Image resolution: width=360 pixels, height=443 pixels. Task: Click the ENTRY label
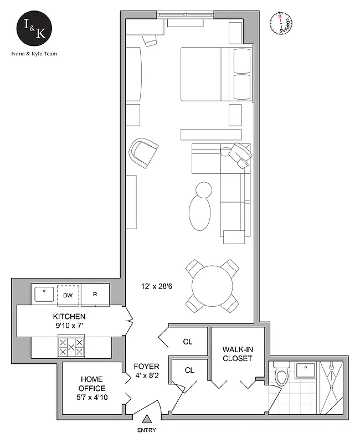[146, 430]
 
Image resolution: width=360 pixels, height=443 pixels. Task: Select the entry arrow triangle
[147, 420]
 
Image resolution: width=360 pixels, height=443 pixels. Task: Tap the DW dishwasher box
[68, 295]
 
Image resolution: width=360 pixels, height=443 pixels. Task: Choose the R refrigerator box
[95, 295]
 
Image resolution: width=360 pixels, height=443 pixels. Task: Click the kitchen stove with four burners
[71, 347]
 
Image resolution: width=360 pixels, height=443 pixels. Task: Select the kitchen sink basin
[44, 293]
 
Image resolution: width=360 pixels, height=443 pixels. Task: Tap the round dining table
[213, 286]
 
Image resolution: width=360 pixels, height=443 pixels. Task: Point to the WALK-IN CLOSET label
[238, 354]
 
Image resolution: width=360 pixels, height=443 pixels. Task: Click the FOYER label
[147, 371]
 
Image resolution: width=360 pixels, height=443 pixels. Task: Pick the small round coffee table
[203, 189]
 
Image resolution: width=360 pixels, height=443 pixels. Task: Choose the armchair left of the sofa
[143, 152]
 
